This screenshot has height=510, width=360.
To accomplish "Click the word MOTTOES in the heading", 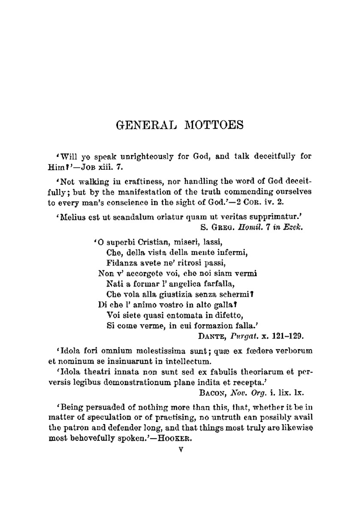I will pos(214,125).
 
